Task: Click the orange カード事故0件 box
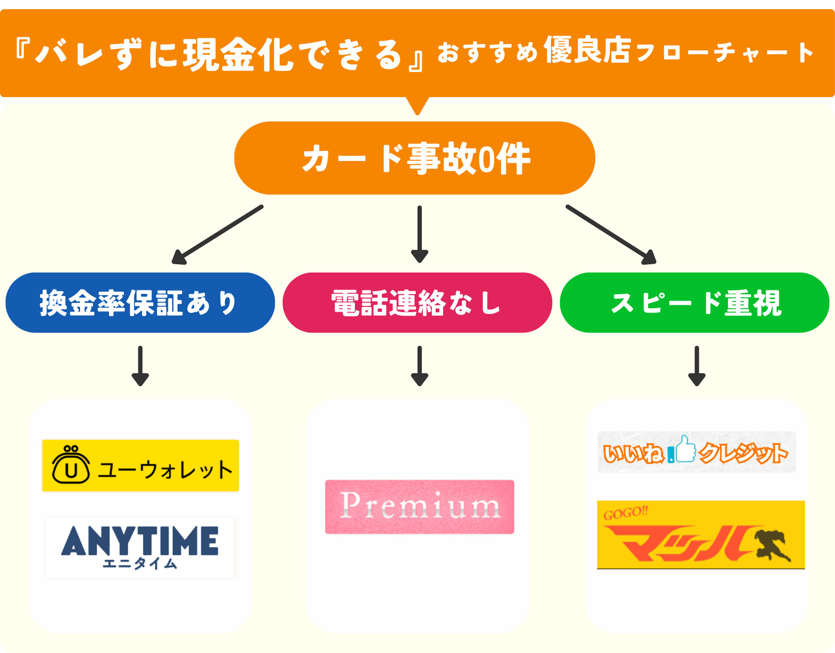[414, 158]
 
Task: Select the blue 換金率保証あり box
[140, 303]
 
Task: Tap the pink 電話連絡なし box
[417, 303]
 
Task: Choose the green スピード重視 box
[695, 303]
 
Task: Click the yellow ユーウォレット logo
[140, 465]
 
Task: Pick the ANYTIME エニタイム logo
[140, 547]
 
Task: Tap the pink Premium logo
[420, 507]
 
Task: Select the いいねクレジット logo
[696, 452]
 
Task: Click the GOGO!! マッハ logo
[701, 535]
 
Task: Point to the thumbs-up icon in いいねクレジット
[686, 449]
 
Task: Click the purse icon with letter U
[71, 465]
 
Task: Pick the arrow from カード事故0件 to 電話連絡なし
[419, 234]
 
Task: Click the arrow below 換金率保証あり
[140, 366]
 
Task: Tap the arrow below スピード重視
[696, 366]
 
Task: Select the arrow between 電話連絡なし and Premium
[419, 366]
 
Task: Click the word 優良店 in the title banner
[587, 50]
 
